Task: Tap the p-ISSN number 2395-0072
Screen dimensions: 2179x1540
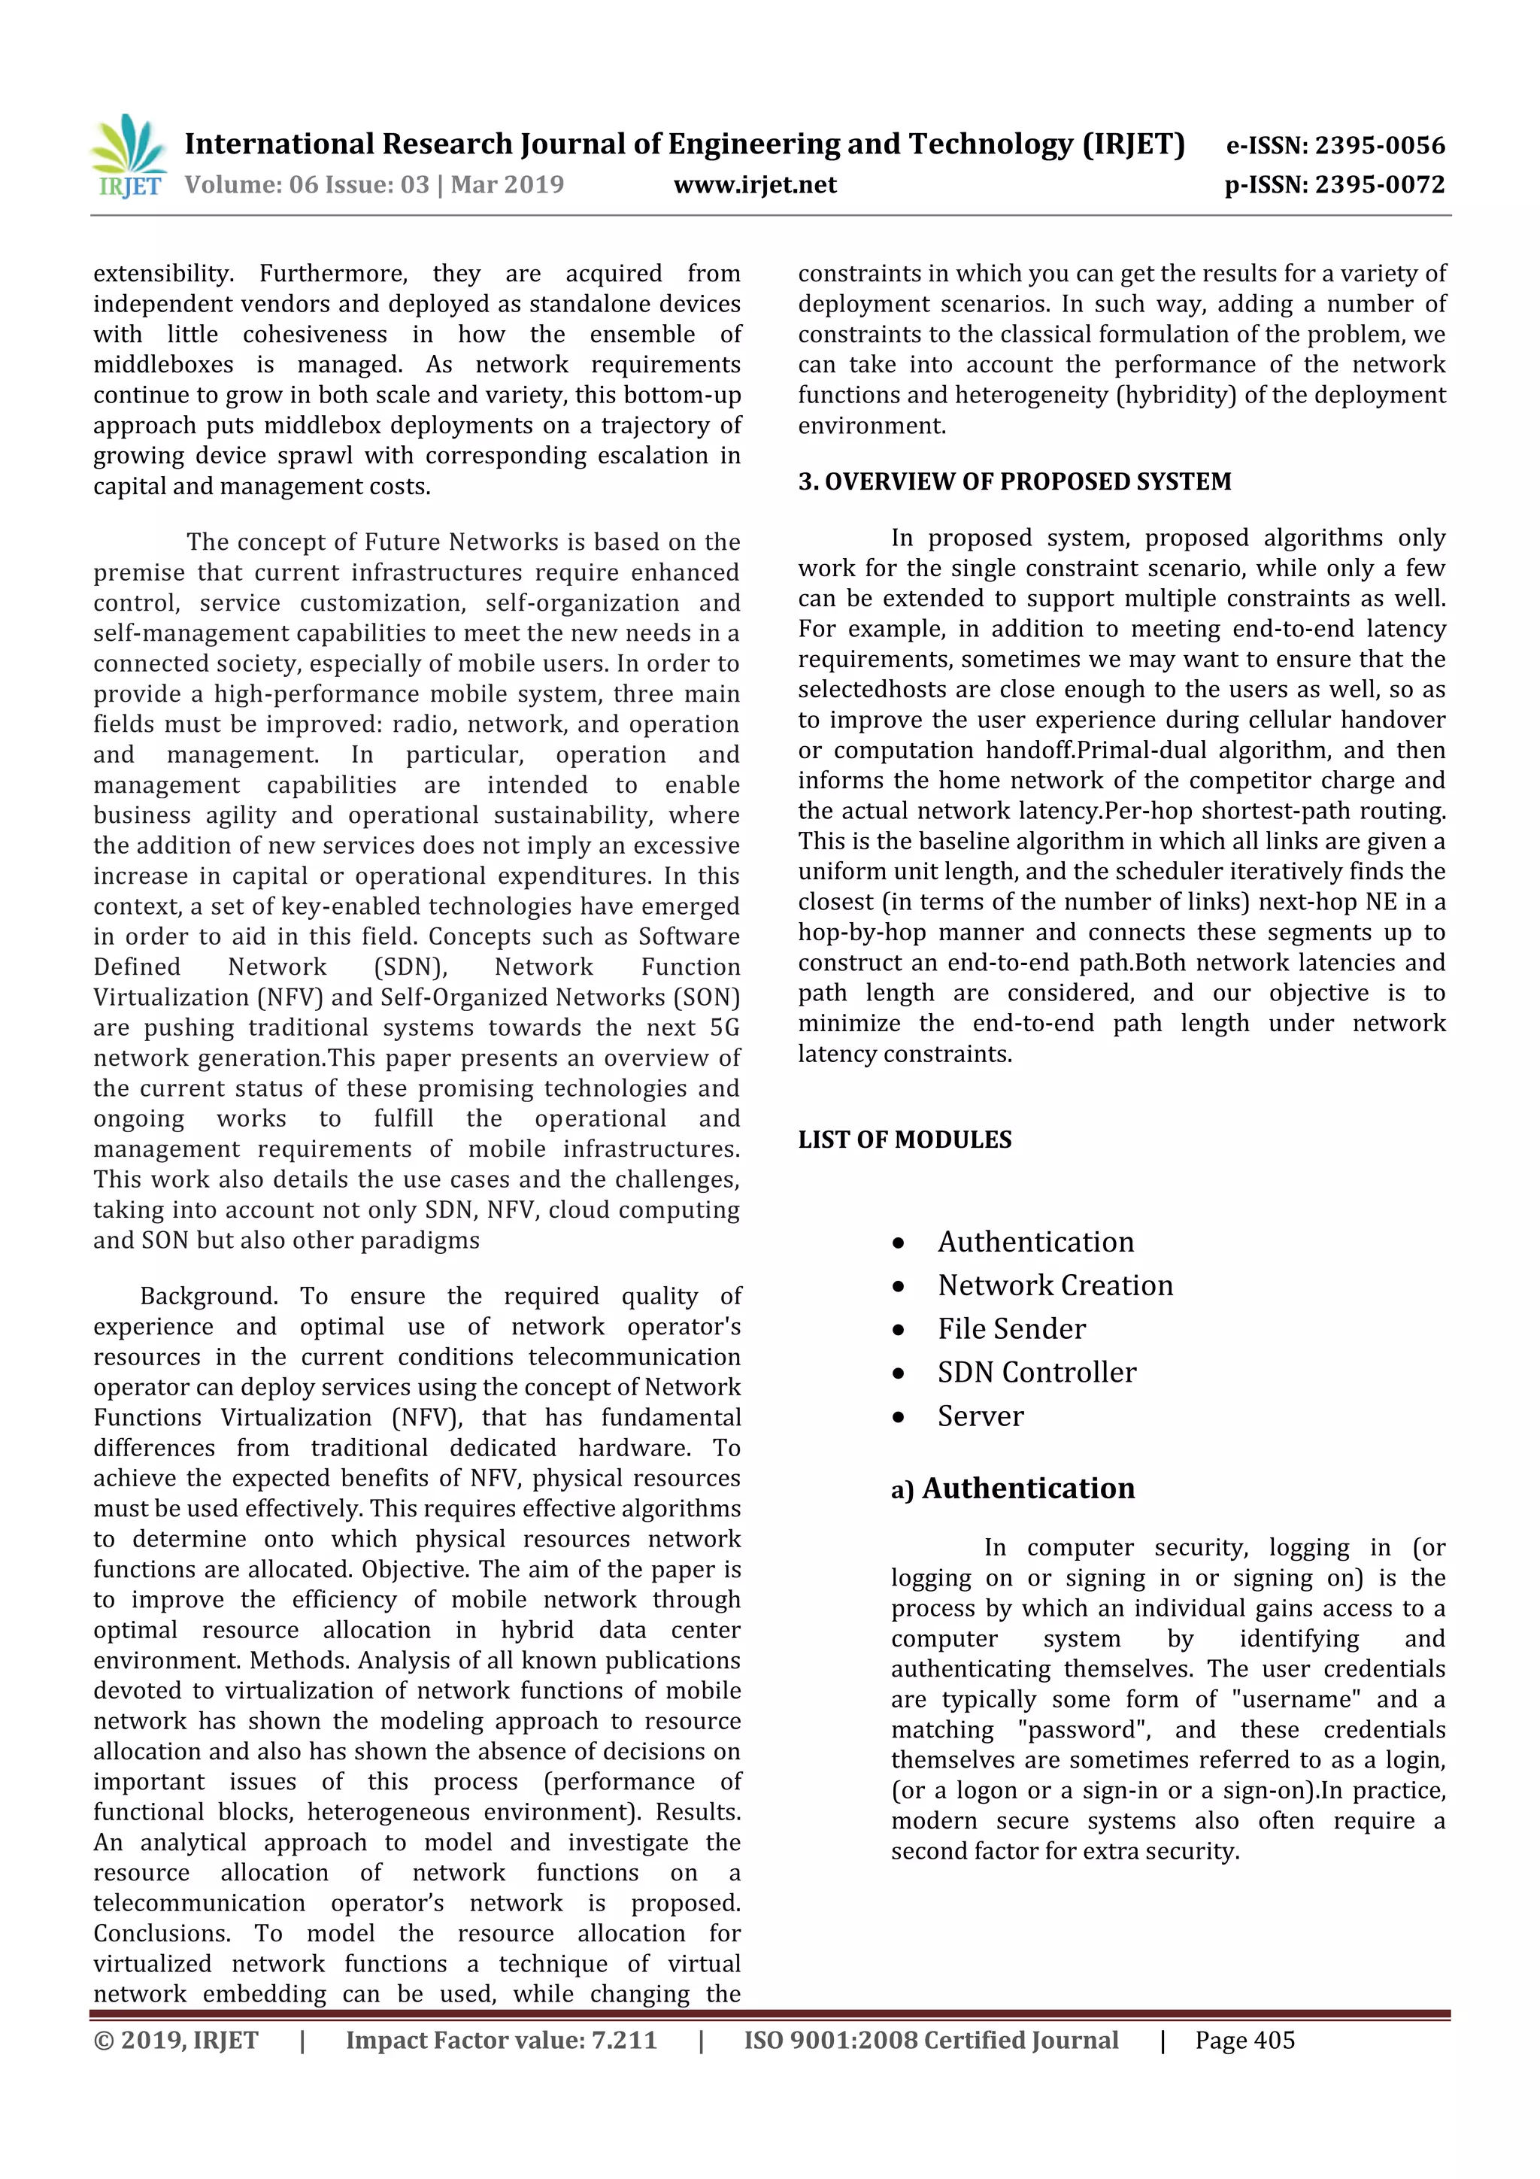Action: (x=1334, y=184)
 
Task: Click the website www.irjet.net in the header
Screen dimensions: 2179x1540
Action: (x=754, y=184)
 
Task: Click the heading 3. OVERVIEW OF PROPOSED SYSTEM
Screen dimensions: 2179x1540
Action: (x=1014, y=481)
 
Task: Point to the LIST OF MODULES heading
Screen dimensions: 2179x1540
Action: (x=905, y=1139)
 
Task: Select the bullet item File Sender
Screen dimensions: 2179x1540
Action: (x=1011, y=1328)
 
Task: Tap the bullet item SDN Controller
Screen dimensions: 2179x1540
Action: (x=1036, y=1373)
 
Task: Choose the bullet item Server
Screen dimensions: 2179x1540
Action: (x=981, y=1416)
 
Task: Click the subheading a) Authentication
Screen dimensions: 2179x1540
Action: (x=1012, y=1488)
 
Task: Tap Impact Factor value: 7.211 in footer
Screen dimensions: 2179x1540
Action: (x=500, y=2040)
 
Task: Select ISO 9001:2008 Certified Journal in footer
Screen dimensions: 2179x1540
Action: (x=930, y=2040)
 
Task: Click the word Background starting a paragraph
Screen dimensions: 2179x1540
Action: (x=208, y=1297)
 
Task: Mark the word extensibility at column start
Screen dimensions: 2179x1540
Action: (x=162, y=275)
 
